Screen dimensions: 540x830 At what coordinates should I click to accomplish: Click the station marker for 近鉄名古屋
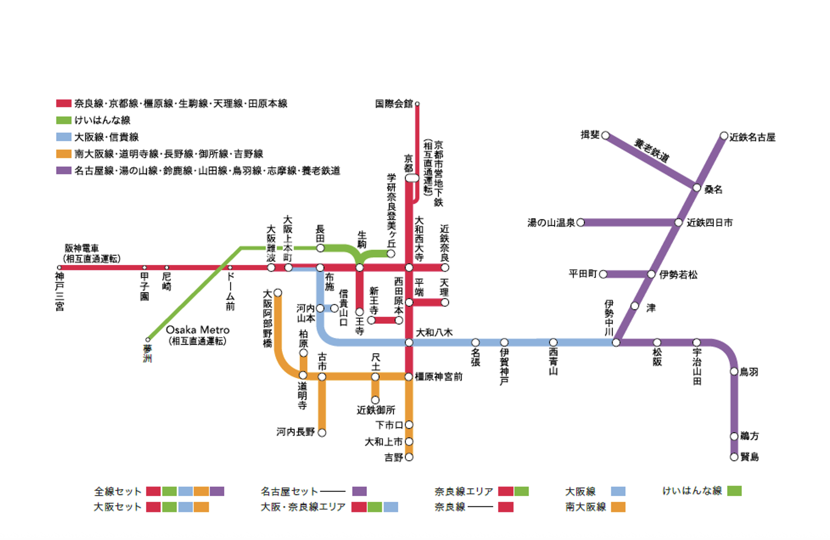[x=724, y=136]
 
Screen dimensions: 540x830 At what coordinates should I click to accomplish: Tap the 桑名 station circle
[x=697, y=188]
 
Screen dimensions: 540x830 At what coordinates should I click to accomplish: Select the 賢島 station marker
[x=734, y=457]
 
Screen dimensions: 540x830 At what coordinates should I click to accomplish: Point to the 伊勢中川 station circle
[x=616, y=342]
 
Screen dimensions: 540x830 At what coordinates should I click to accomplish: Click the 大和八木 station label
[x=434, y=332]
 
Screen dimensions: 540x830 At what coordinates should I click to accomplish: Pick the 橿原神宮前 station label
[x=438, y=376]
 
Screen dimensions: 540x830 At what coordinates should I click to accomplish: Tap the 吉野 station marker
[x=409, y=457]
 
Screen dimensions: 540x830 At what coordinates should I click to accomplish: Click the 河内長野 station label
[x=295, y=432]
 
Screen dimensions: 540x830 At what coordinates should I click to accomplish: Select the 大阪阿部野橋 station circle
[x=278, y=293]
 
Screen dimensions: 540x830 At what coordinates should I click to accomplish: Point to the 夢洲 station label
[x=147, y=354]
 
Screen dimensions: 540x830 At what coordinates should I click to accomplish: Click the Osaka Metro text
[x=197, y=330]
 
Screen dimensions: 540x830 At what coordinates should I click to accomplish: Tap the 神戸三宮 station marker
[x=59, y=267]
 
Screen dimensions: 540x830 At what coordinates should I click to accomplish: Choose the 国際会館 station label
[x=394, y=103]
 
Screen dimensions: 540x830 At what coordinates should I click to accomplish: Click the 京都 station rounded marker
[x=412, y=178]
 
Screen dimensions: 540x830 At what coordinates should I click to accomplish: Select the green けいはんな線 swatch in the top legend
[x=64, y=120]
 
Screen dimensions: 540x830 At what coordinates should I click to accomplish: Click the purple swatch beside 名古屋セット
[x=359, y=491]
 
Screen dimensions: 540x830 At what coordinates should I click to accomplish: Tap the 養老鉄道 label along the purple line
[x=651, y=150]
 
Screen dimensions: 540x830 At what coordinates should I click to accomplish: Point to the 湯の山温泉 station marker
[x=580, y=222]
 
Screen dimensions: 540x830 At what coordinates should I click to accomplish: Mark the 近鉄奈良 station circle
[x=445, y=267]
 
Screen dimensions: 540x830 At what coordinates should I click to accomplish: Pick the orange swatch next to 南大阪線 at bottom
[x=618, y=507]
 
